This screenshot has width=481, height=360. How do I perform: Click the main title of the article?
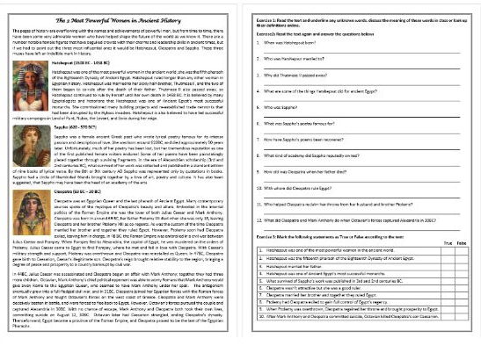tap(123, 18)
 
